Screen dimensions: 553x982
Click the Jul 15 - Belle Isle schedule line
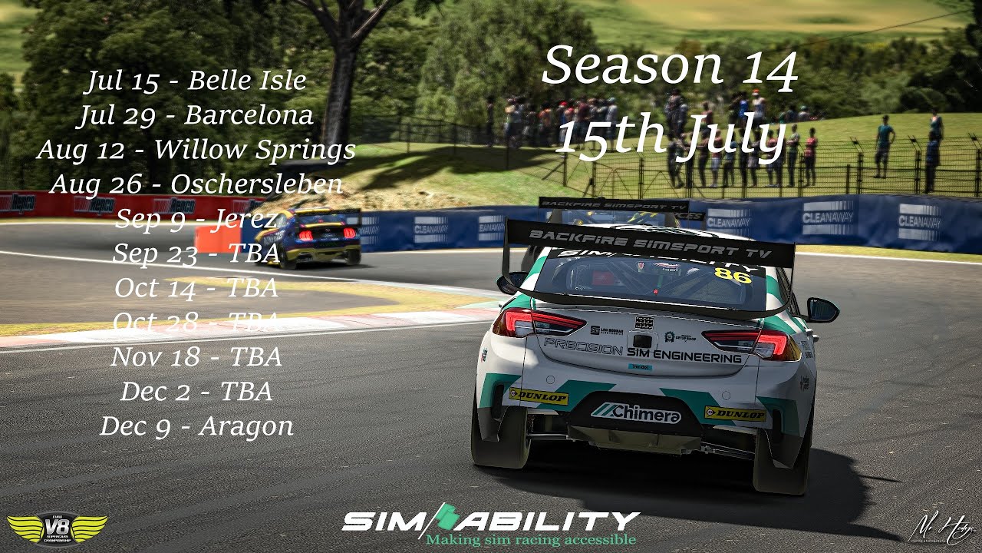tap(196, 81)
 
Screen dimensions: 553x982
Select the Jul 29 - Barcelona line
tap(196, 115)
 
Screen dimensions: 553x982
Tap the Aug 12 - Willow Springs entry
tap(196, 150)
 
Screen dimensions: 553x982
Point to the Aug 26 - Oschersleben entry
tap(196, 184)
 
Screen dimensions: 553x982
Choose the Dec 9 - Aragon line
tap(196, 426)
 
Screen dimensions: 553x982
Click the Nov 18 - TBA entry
tap(196, 357)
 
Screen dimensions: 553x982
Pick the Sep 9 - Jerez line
tap(196, 219)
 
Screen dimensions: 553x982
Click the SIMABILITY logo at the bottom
tap(490, 521)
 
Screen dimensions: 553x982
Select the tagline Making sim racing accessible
tap(531, 540)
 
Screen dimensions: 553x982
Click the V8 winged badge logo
tap(57, 528)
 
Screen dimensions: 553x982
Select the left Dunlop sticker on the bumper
tap(539, 396)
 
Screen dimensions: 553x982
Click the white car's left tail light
tap(537, 323)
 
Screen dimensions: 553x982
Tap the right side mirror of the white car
tap(822, 310)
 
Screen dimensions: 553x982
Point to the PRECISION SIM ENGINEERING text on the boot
tap(643, 351)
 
